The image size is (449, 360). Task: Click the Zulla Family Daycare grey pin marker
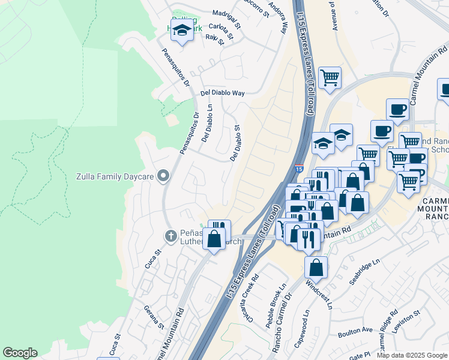click(163, 176)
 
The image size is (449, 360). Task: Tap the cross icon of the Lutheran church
click(170, 235)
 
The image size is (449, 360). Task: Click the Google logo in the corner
click(20, 353)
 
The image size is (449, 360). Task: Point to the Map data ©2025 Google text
click(412, 355)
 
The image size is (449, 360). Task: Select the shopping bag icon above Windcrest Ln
click(316, 267)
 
